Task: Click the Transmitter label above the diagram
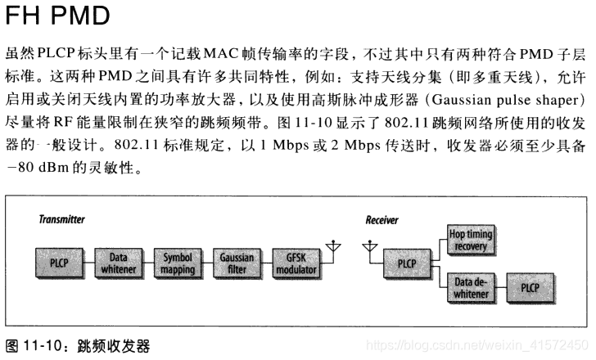(x=63, y=219)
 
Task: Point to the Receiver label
(x=382, y=219)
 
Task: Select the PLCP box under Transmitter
(x=59, y=263)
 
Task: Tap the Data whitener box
(x=118, y=263)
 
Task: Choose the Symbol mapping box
(x=177, y=263)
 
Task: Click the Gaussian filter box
(x=236, y=263)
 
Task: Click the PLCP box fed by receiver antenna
(x=407, y=263)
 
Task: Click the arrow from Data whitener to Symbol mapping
(x=147, y=263)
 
